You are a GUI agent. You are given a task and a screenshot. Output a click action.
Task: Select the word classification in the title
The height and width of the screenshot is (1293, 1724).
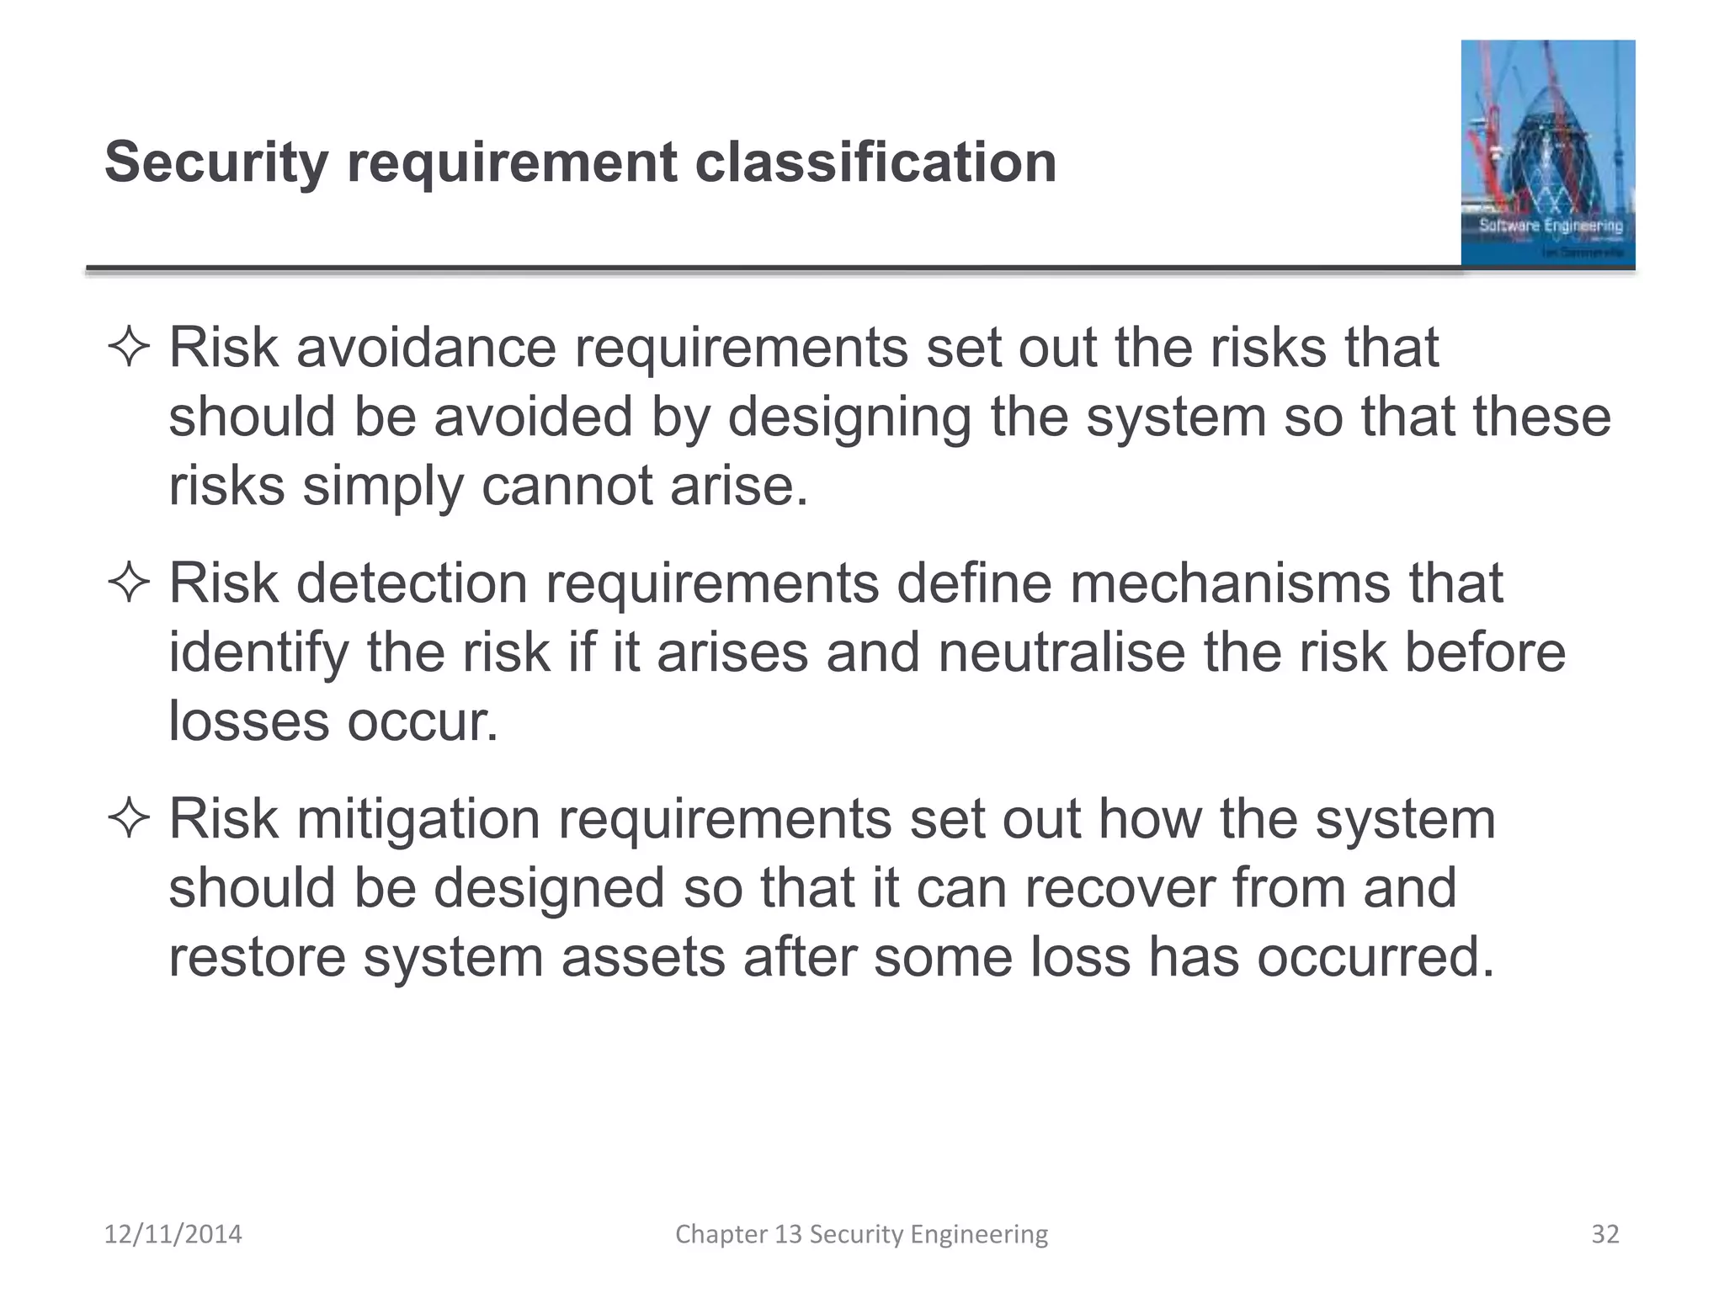coord(875,162)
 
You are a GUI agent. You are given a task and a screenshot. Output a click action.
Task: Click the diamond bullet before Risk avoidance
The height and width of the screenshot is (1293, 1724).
coord(129,349)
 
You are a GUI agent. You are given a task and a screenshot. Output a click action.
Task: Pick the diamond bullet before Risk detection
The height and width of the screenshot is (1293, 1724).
coord(129,583)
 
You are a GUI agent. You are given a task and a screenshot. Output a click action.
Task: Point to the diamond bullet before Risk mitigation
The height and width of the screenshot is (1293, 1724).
coord(129,819)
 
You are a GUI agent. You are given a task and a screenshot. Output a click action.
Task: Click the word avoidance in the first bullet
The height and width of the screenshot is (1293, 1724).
coord(426,347)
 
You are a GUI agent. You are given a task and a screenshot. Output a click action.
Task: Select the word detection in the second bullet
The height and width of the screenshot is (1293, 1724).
coord(412,583)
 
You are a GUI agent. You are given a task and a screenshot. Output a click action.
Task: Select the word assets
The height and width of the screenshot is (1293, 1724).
coord(643,957)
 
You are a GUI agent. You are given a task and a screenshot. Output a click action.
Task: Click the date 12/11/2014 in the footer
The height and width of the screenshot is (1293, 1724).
coord(173,1234)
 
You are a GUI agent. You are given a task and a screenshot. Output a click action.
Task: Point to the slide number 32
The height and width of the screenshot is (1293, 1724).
coord(1605,1234)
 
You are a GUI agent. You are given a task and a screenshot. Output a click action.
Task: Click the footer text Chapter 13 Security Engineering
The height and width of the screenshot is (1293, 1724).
coord(861,1234)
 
